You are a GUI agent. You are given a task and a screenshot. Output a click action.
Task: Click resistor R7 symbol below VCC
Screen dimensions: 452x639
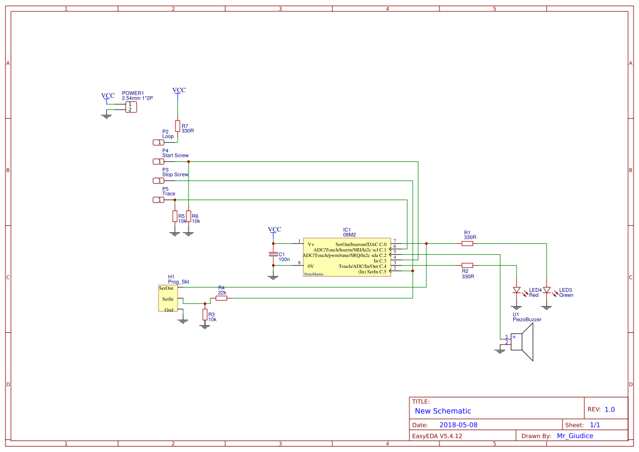(x=177, y=126)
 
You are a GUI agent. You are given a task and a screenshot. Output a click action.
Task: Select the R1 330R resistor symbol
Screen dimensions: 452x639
(x=467, y=244)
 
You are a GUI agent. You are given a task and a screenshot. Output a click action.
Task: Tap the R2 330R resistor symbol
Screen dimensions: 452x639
(x=467, y=265)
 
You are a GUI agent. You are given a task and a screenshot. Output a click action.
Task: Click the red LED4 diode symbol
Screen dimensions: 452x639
(x=516, y=290)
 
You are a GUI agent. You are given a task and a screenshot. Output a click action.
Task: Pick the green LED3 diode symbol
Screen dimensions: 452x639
(x=546, y=290)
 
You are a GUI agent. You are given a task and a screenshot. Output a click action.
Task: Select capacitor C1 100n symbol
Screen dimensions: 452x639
(x=273, y=254)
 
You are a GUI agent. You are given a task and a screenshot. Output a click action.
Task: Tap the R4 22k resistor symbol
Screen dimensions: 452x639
(x=221, y=298)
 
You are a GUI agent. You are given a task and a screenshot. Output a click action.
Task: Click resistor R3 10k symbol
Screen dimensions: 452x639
(x=205, y=314)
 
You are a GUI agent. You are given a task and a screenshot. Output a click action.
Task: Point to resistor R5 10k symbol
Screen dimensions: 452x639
(x=175, y=216)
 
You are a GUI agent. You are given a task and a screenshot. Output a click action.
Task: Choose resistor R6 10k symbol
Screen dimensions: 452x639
(x=189, y=216)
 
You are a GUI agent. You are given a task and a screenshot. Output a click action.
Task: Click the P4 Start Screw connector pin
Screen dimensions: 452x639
(x=157, y=161)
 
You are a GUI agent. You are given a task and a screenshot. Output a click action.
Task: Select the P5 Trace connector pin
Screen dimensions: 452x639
(x=157, y=200)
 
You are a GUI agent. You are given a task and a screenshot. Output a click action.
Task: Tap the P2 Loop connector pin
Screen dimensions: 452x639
(x=157, y=142)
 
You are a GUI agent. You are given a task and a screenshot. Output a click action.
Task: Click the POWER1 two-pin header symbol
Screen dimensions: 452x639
(x=131, y=107)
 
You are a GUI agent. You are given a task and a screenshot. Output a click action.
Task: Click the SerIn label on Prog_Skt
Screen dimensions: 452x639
(x=167, y=299)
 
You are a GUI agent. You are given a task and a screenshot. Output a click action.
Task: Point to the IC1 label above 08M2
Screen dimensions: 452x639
(x=347, y=230)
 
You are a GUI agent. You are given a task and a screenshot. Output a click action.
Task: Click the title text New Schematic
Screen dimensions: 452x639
(x=443, y=411)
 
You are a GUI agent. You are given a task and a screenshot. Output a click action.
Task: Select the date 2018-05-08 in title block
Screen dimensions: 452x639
(x=458, y=425)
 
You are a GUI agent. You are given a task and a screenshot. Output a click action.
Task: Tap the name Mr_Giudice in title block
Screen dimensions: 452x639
(x=574, y=436)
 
